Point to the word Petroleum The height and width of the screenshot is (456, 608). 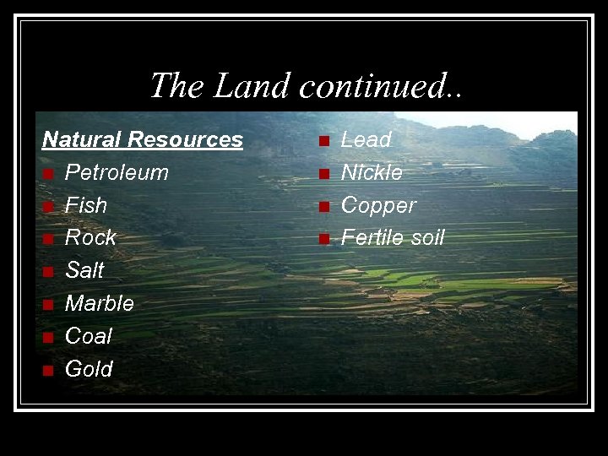(x=117, y=172)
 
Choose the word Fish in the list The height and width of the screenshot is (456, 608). (x=86, y=205)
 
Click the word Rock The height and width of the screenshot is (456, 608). (x=90, y=238)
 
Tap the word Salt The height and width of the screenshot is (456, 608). (x=84, y=270)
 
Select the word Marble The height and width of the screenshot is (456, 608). (x=100, y=303)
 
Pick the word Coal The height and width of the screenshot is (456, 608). (x=89, y=336)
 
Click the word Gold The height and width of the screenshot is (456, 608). (x=89, y=369)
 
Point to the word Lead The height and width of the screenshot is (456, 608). (x=366, y=139)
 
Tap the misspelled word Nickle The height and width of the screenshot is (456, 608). (x=372, y=172)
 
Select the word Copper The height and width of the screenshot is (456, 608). (x=378, y=205)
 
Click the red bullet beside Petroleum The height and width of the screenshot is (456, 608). (x=49, y=174)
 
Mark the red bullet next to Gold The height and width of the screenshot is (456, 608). (x=49, y=371)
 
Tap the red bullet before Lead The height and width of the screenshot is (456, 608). (x=323, y=141)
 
